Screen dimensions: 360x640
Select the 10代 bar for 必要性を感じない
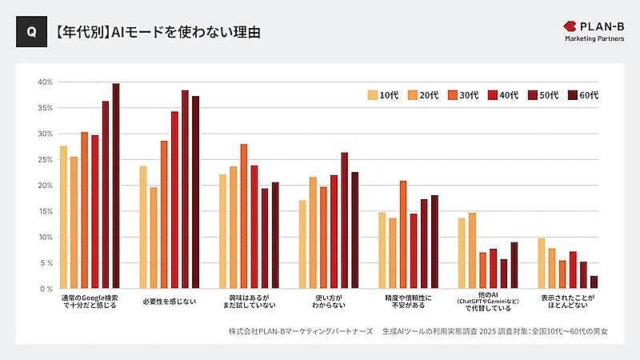143,227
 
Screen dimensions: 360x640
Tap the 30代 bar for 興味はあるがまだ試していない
244,216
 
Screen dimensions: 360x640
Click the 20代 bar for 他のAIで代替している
473,250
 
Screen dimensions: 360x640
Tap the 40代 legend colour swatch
494,95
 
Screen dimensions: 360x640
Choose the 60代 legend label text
589,95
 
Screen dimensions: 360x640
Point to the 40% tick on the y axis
45,82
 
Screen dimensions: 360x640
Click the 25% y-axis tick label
45,159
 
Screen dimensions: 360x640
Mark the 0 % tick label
45,289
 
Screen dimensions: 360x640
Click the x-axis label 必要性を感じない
168,300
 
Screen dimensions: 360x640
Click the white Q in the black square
30,34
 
